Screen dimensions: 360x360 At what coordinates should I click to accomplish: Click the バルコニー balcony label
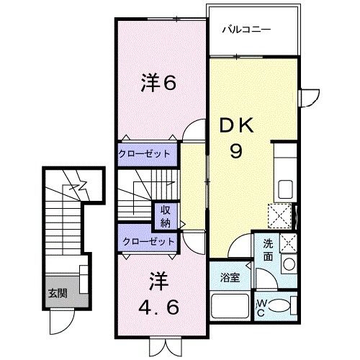[x=245, y=30]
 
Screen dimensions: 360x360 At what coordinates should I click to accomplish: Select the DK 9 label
[x=235, y=138]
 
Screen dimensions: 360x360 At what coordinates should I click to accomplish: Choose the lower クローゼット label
[x=148, y=241]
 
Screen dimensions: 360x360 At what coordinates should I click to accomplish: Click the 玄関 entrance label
[x=57, y=293]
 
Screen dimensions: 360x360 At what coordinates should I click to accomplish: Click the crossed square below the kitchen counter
[x=279, y=214]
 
